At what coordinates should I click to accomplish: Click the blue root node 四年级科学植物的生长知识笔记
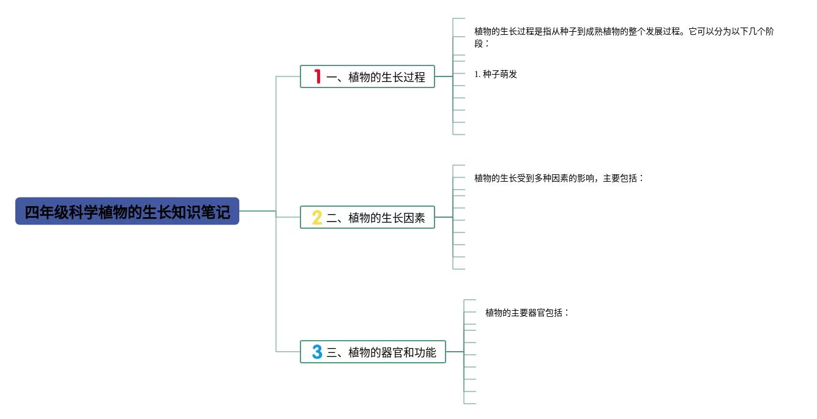[127, 212]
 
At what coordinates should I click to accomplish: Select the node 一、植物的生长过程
[367, 77]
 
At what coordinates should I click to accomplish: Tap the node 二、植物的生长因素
[367, 218]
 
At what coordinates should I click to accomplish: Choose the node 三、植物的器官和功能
[373, 352]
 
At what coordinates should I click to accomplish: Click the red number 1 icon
[317, 76]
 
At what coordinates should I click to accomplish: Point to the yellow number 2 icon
[317, 217]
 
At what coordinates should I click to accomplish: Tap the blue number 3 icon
[317, 352]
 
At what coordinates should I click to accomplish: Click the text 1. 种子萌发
[496, 74]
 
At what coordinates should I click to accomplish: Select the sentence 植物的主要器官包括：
[527, 313]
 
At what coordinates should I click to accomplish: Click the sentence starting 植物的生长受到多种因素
[559, 178]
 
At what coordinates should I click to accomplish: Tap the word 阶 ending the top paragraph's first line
[769, 31]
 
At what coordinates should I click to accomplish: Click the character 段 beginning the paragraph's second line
[479, 43]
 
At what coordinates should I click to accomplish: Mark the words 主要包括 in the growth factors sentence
[620, 178]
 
